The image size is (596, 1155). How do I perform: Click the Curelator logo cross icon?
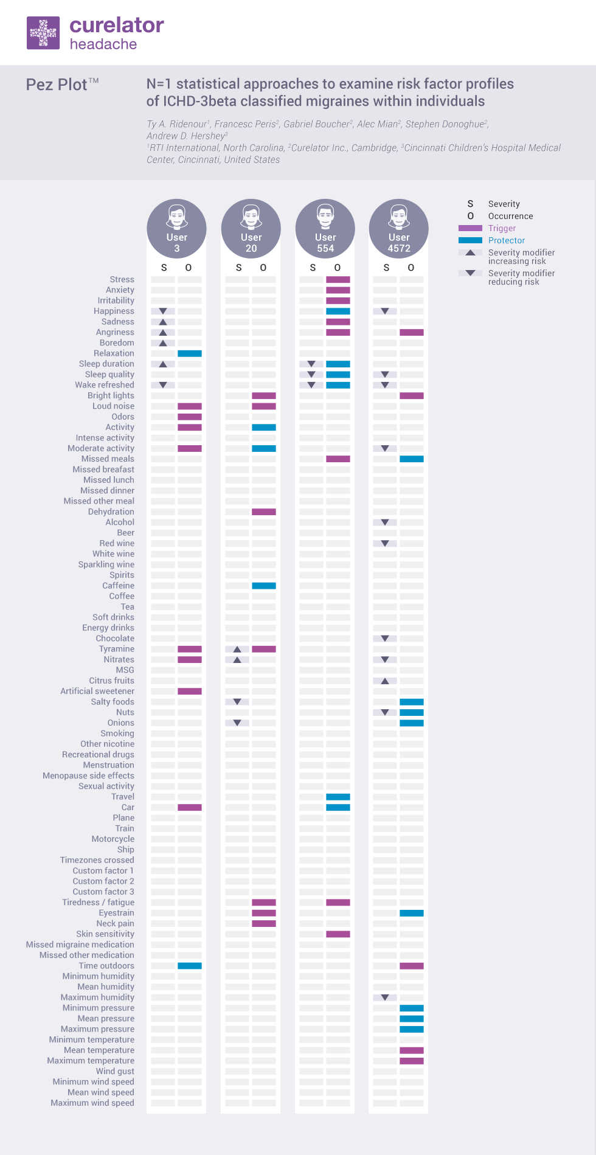(43, 33)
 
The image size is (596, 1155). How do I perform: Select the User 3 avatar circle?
(176, 229)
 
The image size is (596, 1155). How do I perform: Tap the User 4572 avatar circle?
(398, 229)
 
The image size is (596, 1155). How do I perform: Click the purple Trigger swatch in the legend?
(470, 228)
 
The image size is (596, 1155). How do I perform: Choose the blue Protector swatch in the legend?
(470, 240)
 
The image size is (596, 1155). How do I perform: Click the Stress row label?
(122, 280)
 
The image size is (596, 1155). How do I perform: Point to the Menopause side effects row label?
(88, 775)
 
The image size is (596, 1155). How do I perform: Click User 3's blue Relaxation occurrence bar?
(190, 353)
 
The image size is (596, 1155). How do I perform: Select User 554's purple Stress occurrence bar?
(338, 280)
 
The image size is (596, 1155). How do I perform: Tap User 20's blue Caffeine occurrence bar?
(264, 586)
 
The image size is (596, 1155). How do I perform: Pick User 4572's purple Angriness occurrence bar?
(412, 332)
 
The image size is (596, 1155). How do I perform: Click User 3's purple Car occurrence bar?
(190, 807)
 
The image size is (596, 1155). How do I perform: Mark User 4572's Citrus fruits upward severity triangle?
(385, 681)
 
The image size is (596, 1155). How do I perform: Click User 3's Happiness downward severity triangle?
(163, 311)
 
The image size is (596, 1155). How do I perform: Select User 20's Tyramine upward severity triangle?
(237, 649)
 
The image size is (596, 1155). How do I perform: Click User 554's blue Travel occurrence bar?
(338, 797)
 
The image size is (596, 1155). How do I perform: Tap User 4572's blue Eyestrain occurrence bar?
(412, 913)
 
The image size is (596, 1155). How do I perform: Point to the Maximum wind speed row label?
(92, 1103)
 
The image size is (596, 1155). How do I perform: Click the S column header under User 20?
(238, 268)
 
